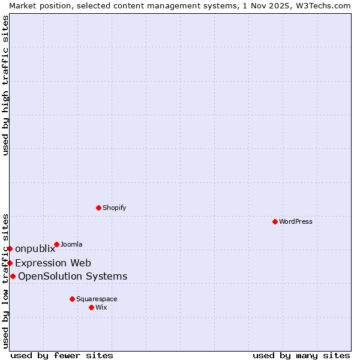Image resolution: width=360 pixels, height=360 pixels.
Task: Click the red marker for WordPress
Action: (275, 221)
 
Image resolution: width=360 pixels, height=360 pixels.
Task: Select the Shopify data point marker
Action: (98, 208)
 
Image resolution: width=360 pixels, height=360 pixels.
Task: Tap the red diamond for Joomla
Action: (56, 244)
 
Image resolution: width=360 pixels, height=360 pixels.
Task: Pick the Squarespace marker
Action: (72, 299)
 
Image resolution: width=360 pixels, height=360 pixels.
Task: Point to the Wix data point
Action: (91, 307)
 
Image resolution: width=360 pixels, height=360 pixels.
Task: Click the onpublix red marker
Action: (10, 248)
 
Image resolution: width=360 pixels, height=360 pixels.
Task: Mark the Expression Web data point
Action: (10, 263)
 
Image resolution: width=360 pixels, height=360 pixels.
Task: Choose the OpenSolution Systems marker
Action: (13, 276)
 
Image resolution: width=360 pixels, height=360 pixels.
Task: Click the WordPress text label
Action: (296, 221)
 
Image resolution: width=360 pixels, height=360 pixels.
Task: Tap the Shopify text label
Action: (114, 208)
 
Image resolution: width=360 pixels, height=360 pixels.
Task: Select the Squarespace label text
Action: (97, 299)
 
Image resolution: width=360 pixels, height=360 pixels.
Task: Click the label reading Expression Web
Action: (53, 263)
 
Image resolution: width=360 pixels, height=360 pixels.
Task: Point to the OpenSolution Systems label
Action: (73, 276)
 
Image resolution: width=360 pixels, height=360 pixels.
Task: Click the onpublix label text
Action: (35, 248)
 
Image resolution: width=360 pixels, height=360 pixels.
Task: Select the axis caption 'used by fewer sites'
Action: (62, 355)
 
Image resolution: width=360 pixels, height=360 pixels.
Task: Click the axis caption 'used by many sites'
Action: (301, 355)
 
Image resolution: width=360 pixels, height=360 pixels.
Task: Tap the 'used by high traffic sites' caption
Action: (6, 85)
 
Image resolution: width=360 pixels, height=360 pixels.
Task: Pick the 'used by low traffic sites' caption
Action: (6, 281)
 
